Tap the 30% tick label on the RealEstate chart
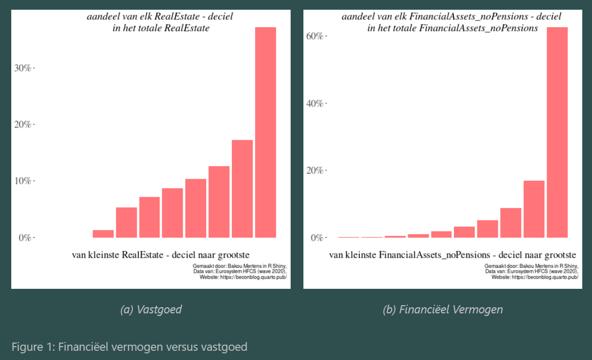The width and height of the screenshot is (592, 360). coord(23,68)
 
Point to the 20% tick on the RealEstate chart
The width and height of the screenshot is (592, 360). coord(23,124)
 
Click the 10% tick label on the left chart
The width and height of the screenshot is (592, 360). coord(23,181)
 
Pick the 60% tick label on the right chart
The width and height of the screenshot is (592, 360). coord(315,36)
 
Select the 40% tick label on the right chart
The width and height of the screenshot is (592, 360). coord(315,103)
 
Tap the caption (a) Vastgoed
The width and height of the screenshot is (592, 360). coord(151,309)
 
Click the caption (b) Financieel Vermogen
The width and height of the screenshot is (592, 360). coord(443,309)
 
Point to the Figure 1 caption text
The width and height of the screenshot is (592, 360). coord(129,347)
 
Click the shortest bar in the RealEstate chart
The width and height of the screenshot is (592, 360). coord(103,234)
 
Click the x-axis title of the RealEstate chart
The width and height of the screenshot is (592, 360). coord(161,255)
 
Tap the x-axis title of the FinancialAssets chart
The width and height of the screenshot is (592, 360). coord(452,255)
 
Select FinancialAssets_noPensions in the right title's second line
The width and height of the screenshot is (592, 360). coord(478,28)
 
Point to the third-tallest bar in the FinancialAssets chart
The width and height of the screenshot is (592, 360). coord(511,223)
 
